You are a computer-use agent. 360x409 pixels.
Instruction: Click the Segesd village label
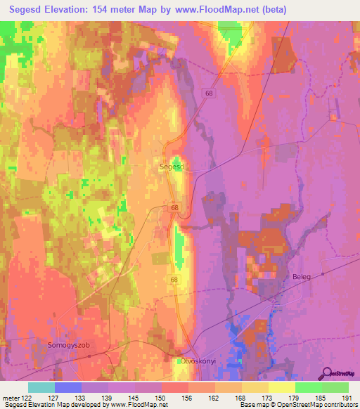[x=172, y=167]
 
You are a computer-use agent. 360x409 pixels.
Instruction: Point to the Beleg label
[x=301, y=277]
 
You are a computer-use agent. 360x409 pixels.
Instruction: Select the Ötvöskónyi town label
[x=202, y=361]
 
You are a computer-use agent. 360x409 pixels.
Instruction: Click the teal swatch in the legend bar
[x=41, y=387]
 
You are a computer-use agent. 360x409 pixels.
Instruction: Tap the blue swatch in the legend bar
[x=68, y=387]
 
